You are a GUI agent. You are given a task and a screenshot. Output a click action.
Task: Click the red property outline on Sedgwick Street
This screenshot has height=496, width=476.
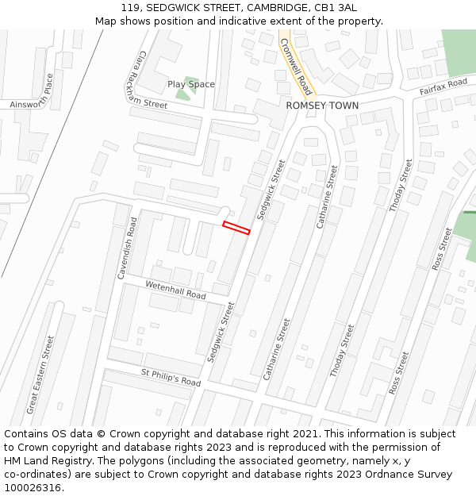coord(236,228)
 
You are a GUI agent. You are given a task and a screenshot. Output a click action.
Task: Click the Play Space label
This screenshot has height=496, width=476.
coord(190,84)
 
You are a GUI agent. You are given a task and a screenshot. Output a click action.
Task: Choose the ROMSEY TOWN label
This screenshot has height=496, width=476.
coord(322,106)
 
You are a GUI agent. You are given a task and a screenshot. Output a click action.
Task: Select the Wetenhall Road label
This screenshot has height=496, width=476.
coord(175,290)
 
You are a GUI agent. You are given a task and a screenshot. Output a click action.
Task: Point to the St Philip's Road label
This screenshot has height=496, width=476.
coord(171,376)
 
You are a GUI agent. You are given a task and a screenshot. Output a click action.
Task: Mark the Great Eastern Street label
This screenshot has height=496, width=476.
coord(40,374)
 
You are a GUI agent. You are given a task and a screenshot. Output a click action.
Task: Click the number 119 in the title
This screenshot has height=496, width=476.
coord(131,7)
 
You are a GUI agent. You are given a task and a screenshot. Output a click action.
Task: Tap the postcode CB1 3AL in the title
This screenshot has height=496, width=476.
coord(337,7)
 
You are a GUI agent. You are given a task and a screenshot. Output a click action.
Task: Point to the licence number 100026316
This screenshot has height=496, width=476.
coord(33,488)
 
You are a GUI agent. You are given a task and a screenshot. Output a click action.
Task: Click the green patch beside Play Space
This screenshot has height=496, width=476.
coord(183,94)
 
